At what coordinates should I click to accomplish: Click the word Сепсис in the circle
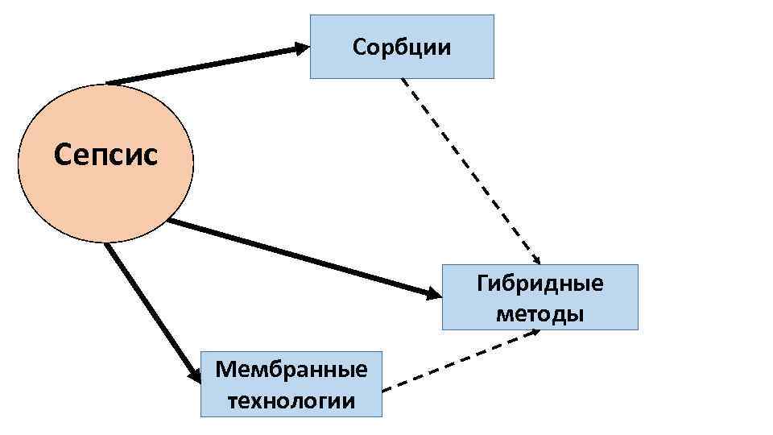click(x=106, y=152)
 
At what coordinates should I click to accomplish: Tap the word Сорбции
click(x=402, y=47)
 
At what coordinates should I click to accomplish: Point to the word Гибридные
click(x=539, y=284)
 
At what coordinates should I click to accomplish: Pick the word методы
click(x=539, y=313)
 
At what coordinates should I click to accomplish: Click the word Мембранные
click(x=291, y=370)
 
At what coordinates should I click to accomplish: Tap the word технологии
click(x=291, y=400)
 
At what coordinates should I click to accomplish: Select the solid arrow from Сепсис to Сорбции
click(x=201, y=65)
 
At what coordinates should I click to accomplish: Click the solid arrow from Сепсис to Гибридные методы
click(x=298, y=258)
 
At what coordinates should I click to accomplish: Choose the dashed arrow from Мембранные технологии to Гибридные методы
click(x=459, y=360)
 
